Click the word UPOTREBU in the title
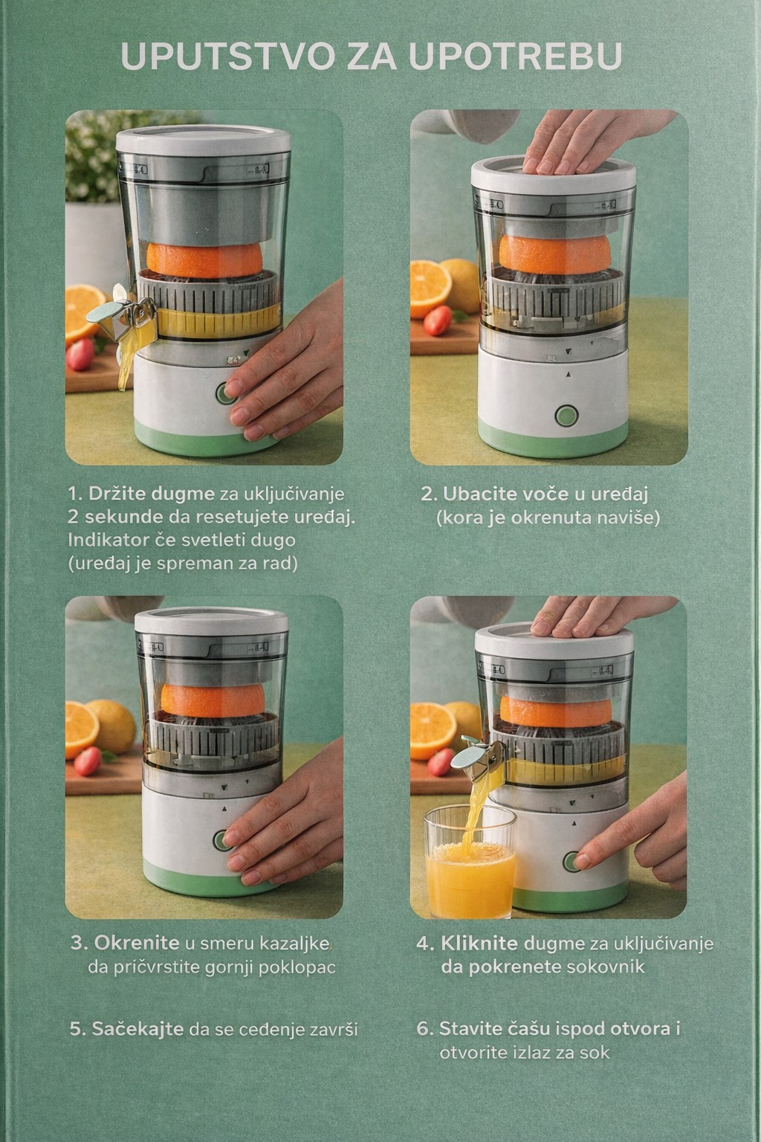click(x=515, y=56)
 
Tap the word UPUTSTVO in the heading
click(x=227, y=56)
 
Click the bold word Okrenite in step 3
click(x=137, y=943)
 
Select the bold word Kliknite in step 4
click(x=479, y=943)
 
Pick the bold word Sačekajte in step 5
click(x=137, y=1029)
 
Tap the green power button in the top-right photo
click(x=566, y=416)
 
